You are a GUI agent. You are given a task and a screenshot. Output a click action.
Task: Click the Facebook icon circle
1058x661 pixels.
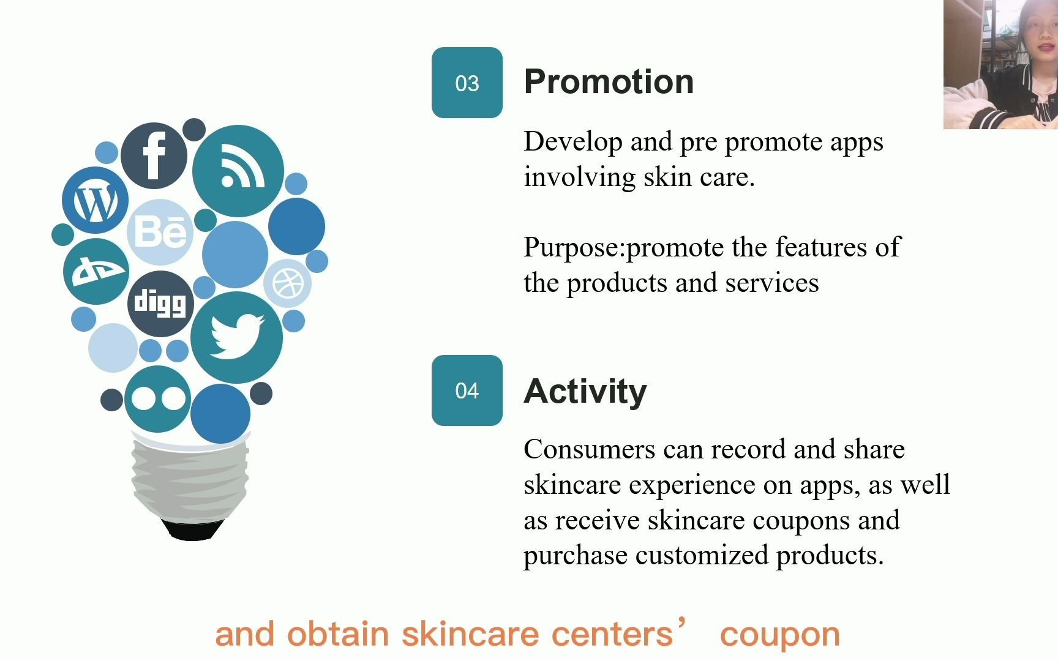pos(154,155)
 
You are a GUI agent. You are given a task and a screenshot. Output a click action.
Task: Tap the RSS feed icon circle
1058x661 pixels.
pos(238,171)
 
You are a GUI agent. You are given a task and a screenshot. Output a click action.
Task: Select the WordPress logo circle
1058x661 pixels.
pos(96,200)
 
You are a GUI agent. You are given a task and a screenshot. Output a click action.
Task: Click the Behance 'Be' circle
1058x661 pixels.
pos(160,232)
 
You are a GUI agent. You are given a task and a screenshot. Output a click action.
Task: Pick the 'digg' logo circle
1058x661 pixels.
pos(160,304)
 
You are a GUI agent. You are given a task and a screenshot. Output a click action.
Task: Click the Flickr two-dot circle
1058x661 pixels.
pos(158,399)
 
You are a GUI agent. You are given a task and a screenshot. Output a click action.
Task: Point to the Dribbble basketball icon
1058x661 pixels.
pos(288,283)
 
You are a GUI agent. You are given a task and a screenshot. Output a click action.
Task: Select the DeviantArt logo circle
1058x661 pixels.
pos(96,271)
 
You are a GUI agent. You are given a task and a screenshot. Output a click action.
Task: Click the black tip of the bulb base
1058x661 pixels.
pos(192,530)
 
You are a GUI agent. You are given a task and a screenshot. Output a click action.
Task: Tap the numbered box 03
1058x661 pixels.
pos(467,83)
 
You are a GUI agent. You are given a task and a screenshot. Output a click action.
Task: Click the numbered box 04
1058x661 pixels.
pos(467,390)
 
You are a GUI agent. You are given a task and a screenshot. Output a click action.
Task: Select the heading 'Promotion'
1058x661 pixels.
pos(609,81)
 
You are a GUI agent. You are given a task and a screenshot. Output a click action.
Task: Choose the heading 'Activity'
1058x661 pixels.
pos(585,392)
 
